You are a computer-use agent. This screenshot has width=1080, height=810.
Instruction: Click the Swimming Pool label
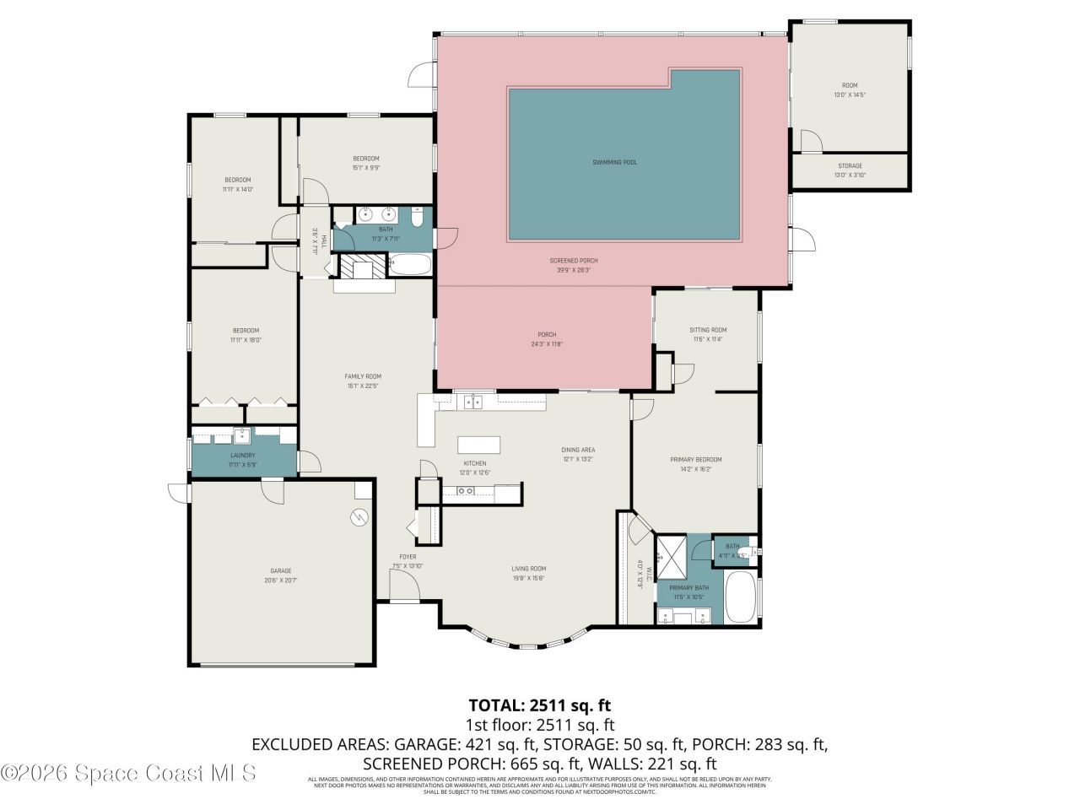click(x=614, y=162)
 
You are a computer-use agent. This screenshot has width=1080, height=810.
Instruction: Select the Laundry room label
click(x=242, y=456)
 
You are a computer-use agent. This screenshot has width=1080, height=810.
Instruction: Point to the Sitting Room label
click(x=707, y=330)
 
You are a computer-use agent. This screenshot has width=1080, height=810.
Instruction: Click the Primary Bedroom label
click(x=695, y=460)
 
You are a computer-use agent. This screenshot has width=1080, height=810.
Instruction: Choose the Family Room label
click(x=363, y=376)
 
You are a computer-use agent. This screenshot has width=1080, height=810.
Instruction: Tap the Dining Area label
click(x=578, y=450)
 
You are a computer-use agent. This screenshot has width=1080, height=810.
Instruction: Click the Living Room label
click(x=529, y=569)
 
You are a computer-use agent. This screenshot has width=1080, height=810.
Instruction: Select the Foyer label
click(x=408, y=557)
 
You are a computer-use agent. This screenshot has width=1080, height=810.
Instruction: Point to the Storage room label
click(x=850, y=166)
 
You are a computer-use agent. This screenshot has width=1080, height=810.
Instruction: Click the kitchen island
click(x=478, y=445)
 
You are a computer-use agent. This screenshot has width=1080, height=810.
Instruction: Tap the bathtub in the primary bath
click(x=742, y=598)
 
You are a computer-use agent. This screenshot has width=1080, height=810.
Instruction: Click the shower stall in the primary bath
click(x=671, y=552)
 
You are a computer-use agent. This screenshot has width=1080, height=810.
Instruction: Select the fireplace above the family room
click(x=363, y=268)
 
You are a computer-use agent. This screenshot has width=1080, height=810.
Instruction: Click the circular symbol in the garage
click(x=360, y=516)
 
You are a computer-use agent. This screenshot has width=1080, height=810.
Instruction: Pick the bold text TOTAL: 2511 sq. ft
click(x=539, y=705)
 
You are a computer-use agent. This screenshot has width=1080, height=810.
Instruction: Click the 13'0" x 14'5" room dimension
click(x=849, y=95)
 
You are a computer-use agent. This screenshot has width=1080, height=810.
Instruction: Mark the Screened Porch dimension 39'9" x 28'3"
click(x=574, y=271)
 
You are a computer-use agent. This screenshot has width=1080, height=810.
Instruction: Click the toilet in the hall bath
click(x=417, y=217)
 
